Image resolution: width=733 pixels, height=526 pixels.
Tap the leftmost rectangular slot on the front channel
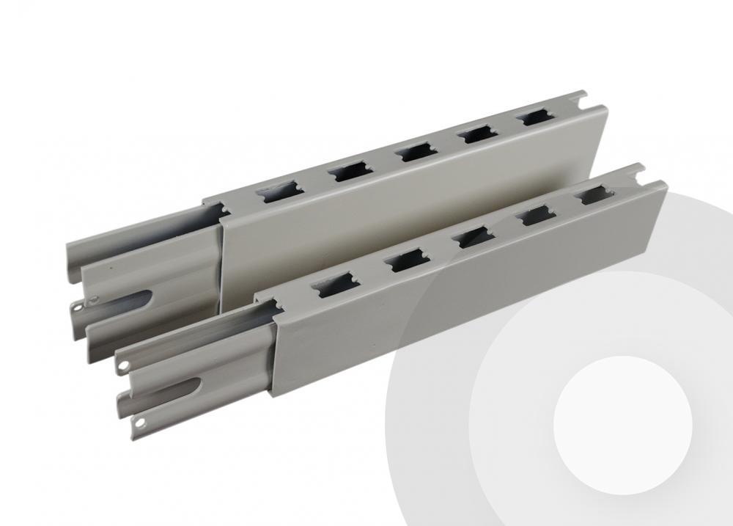coord(328,287)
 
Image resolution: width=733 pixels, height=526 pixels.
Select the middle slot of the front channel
coord(469,236)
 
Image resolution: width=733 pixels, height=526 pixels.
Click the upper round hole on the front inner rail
coord(125,362)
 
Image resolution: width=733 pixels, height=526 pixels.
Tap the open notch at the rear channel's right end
coord(580,98)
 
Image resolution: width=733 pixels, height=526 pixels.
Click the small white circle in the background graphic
coord(622,425)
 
